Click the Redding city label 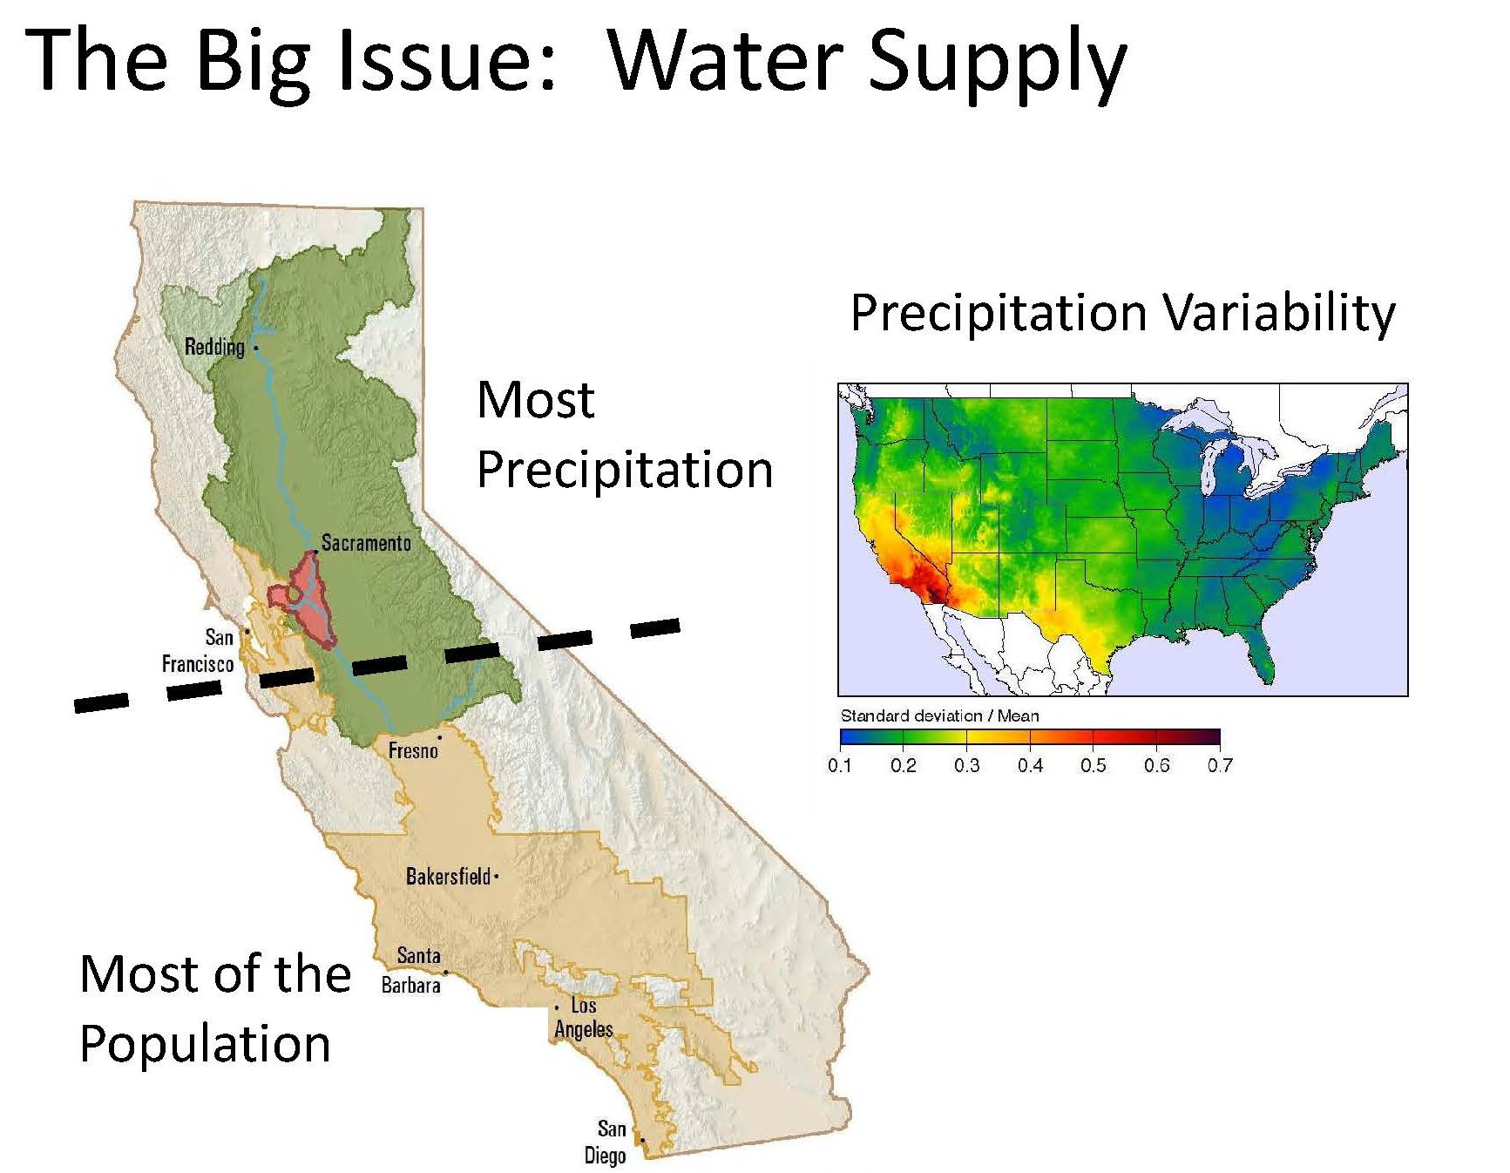(214, 347)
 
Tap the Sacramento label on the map (366, 543)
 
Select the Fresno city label (413, 750)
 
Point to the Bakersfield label (448, 876)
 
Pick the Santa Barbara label (411, 970)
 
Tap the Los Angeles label (584, 1017)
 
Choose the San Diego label (606, 1142)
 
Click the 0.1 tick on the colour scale (840, 765)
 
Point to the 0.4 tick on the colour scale (1030, 765)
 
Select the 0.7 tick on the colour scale (1220, 765)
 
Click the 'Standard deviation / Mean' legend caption (939, 715)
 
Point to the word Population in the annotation (205, 1044)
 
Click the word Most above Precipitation (536, 400)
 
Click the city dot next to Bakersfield (496, 877)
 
